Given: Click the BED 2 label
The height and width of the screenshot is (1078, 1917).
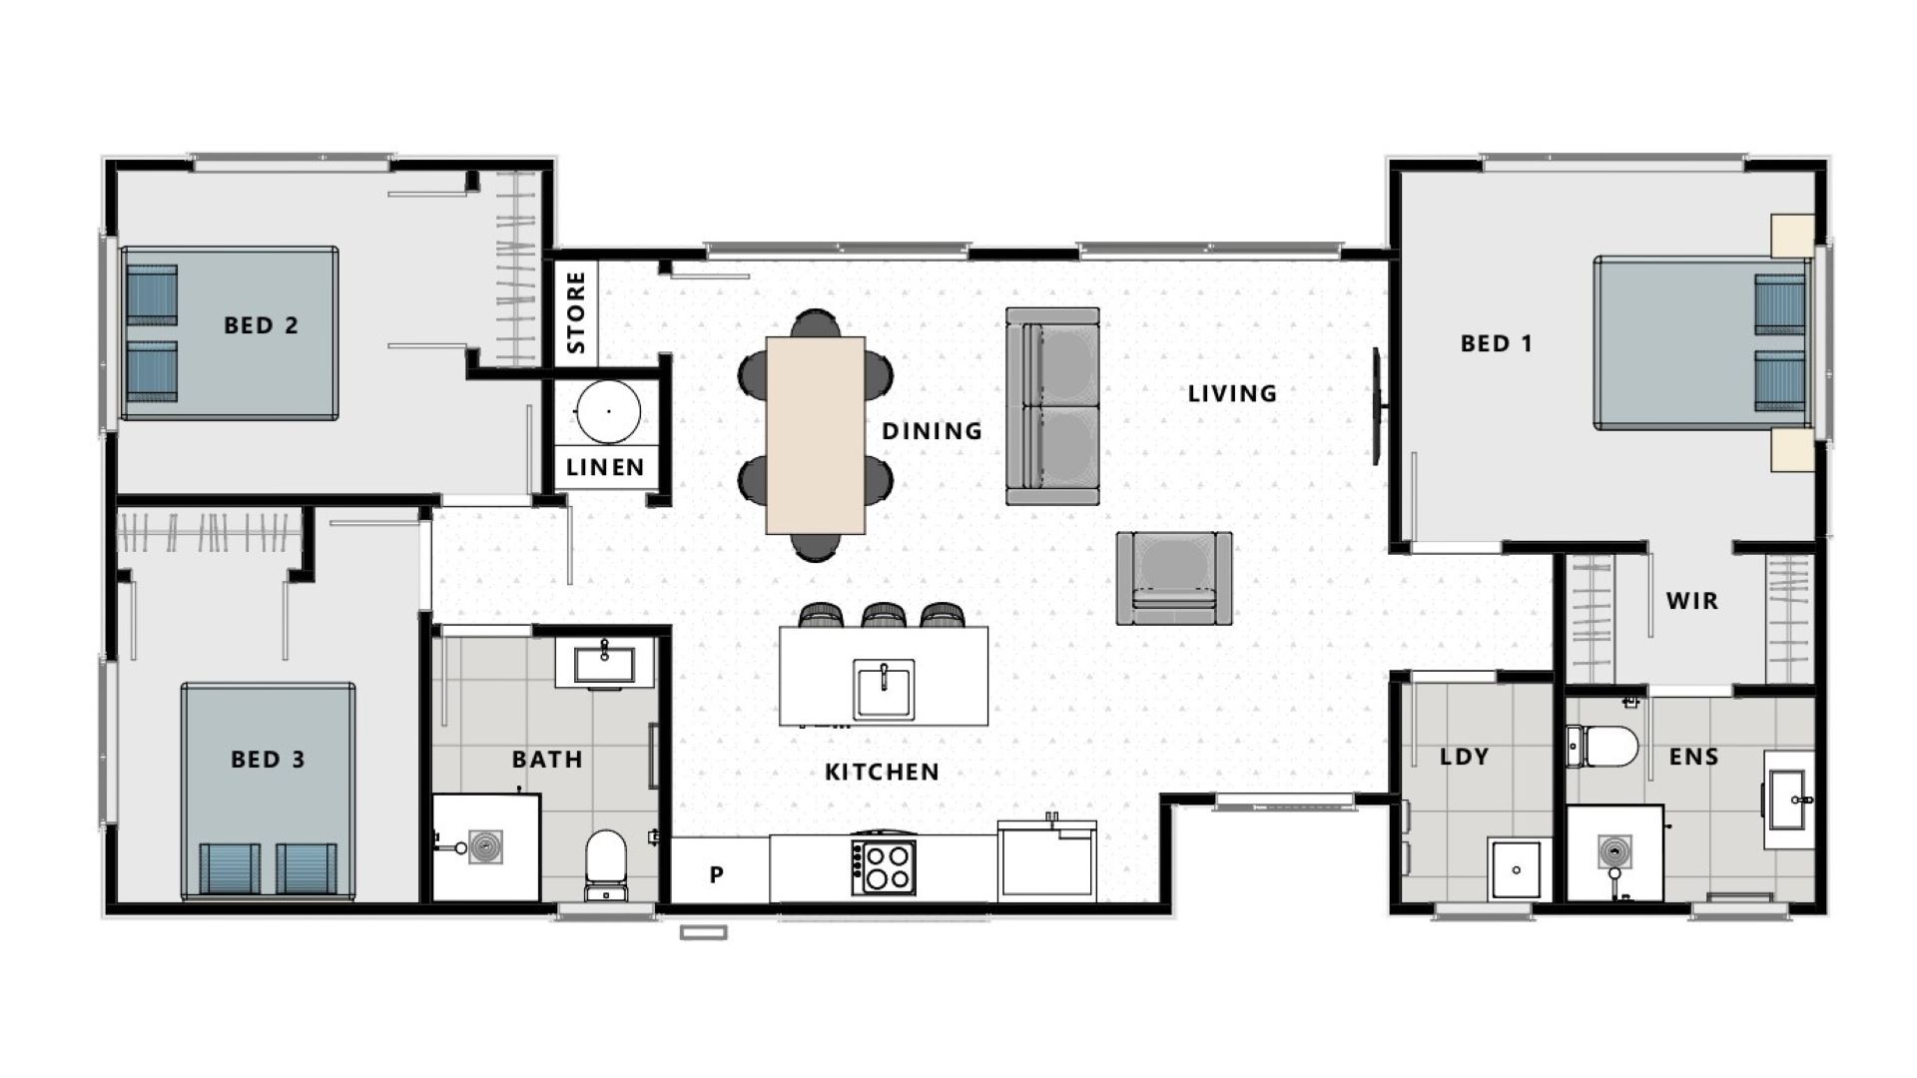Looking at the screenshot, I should (x=261, y=325).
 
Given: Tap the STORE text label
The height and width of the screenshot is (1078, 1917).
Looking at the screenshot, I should (x=576, y=312).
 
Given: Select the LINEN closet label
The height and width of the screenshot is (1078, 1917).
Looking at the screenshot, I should (x=605, y=467).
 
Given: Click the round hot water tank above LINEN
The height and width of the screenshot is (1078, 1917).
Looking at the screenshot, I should (x=608, y=411).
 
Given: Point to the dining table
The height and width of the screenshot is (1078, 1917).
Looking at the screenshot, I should (x=815, y=434).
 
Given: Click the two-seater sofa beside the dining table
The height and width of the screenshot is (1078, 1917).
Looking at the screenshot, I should (x=1052, y=406).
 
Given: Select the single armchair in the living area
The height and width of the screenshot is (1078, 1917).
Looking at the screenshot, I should (x=1173, y=578).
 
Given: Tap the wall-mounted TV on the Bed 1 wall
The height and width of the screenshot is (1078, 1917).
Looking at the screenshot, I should (x=1377, y=405).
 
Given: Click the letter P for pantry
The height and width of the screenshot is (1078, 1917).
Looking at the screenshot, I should (x=716, y=875).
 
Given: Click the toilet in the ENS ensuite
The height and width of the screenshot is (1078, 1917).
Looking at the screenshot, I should (x=1603, y=747).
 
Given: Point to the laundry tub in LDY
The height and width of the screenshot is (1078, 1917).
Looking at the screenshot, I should (x=1516, y=868).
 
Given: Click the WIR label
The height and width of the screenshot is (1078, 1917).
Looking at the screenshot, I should (x=1691, y=601).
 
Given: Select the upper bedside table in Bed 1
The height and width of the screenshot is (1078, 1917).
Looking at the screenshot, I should (x=1791, y=236).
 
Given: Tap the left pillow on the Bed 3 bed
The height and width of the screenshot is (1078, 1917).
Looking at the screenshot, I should (x=230, y=868).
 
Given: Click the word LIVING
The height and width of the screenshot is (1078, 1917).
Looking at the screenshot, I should (x=1232, y=393).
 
